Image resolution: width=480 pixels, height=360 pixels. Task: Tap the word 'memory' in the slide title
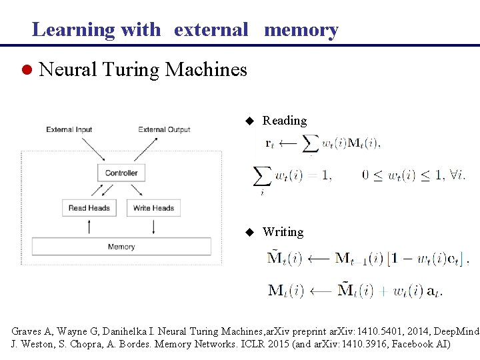301,29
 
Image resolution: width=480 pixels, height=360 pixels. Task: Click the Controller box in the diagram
121,173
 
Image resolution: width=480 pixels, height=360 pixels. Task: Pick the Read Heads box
89,208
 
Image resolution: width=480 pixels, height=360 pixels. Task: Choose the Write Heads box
153,208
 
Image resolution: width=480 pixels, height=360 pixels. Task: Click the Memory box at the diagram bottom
121,247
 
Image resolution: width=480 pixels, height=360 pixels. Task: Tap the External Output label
164,130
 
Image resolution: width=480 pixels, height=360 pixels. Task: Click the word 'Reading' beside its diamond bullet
285,121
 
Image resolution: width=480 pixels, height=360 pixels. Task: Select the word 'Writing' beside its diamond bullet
283,232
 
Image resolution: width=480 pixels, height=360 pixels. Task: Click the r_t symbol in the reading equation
269,143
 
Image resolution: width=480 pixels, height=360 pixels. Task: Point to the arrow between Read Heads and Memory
89,227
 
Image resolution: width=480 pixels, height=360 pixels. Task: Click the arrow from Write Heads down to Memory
154,227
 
